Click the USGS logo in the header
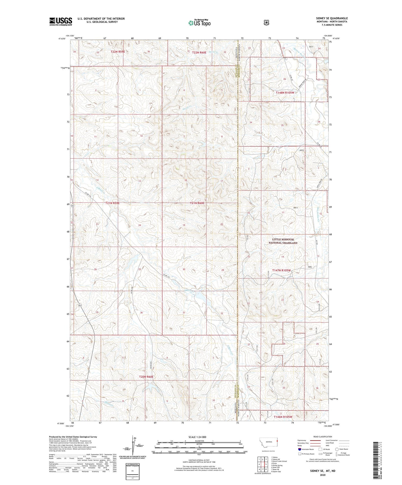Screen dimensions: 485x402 [61, 21]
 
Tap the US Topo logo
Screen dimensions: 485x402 [199, 23]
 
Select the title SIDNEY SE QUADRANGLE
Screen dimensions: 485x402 [332, 18]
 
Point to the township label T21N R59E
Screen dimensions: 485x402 [112, 203]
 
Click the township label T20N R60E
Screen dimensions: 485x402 [146, 377]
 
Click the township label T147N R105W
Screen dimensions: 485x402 [280, 270]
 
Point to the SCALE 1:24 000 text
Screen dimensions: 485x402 [199, 437]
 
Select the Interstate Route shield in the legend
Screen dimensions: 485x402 [300, 449]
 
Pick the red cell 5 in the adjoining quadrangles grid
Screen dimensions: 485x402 [266, 464]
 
